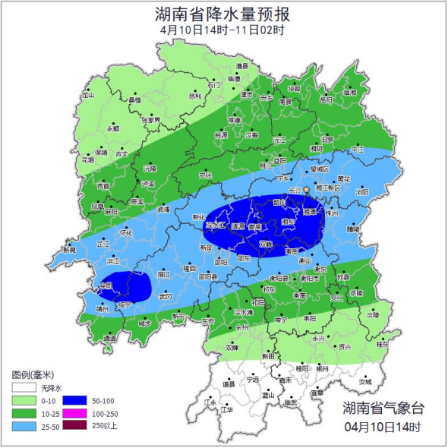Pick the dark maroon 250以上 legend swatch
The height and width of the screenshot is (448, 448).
point(75,427)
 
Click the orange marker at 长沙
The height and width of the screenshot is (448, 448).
point(307,190)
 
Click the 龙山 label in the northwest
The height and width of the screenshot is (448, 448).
point(88,96)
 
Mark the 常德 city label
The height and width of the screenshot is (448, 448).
point(234,120)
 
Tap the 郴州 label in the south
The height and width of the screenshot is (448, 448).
point(323,368)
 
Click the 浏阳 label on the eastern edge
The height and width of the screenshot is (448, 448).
point(361,193)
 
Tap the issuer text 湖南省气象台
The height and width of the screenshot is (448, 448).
point(383,409)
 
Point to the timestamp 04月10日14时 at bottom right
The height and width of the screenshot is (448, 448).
point(383,427)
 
